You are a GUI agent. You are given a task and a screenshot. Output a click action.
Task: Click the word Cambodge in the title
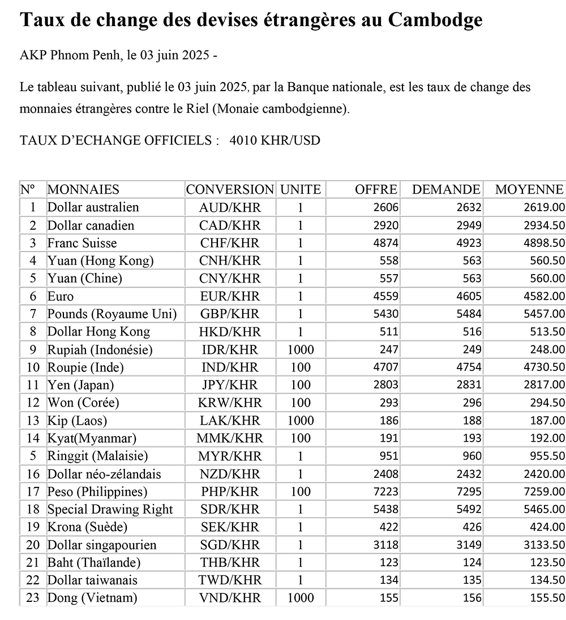[x=435, y=20]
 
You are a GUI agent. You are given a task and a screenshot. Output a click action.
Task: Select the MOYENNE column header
[x=529, y=190]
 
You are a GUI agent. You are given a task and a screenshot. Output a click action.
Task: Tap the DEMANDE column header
[x=446, y=190]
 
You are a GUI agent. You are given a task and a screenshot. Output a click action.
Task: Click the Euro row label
[x=61, y=296]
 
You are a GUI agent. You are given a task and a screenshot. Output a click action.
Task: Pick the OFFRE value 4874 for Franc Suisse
[x=386, y=243]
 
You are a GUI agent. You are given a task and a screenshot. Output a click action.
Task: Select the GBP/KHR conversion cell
[x=230, y=314]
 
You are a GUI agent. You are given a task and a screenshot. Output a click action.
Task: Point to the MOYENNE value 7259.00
[x=544, y=492]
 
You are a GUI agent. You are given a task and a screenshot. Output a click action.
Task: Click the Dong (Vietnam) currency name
[x=92, y=598]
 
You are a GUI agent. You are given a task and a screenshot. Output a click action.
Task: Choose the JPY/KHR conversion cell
[x=230, y=385]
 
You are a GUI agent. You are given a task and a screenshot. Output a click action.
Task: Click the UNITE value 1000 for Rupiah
[x=300, y=350]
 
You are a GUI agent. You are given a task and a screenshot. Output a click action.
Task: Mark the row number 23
[x=33, y=598]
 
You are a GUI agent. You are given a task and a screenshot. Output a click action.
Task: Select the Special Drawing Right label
[x=110, y=510]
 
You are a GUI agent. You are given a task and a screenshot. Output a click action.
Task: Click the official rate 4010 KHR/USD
[x=275, y=140]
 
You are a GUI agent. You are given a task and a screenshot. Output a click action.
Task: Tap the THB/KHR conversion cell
[x=230, y=563]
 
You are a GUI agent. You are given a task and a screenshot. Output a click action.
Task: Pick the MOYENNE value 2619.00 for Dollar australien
[x=544, y=208]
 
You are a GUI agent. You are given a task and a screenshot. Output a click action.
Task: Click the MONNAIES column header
[x=83, y=190]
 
